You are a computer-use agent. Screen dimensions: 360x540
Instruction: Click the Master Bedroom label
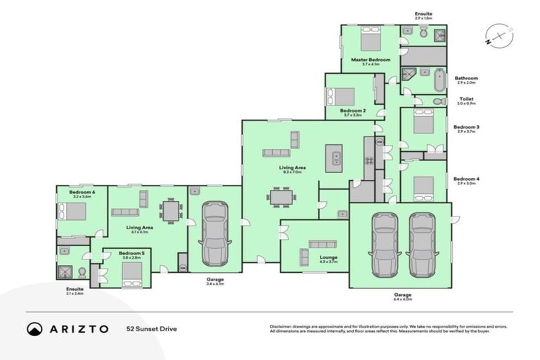pyautogui.click(x=371, y=60)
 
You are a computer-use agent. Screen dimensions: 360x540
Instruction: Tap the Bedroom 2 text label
pyautogui.click(x=352, y=110)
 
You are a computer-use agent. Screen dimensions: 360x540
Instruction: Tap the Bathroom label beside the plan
pyautogui.click(x=466, y=78)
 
